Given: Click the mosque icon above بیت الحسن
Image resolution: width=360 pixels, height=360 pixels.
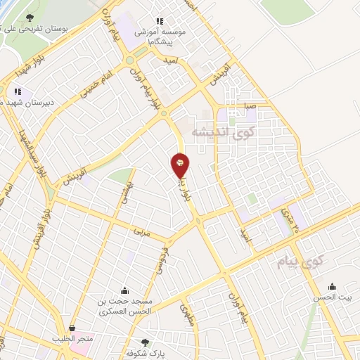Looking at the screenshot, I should pos(333,285).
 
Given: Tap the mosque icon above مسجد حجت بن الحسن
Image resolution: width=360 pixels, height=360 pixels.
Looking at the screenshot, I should pos(125,290).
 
